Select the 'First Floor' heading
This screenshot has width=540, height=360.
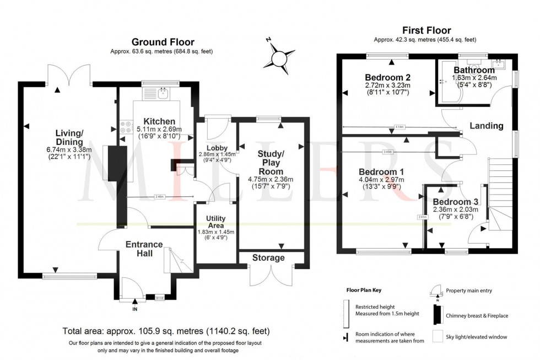[427, 30]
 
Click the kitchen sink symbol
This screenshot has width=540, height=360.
[163, 93]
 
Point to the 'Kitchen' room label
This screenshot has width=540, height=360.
[159, 121]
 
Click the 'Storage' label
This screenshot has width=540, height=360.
[268, 257]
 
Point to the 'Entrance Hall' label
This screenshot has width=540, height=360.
[144, 249]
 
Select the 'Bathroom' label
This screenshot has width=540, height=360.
[474, 70]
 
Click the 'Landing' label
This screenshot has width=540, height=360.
[486, 126]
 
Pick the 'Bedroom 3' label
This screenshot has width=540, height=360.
[455, 201]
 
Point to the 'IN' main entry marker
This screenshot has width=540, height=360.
[135, 309]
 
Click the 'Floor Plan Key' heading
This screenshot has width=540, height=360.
[363, 290]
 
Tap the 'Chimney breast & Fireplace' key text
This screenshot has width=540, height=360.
[477, 315]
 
